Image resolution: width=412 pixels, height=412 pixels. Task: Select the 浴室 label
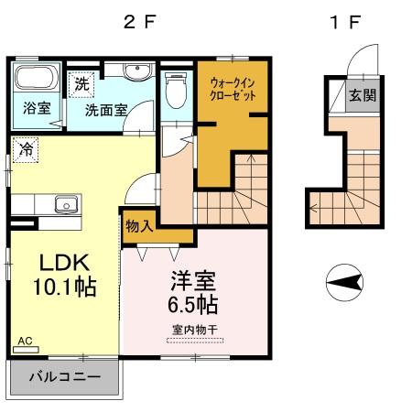(x=37, y=109)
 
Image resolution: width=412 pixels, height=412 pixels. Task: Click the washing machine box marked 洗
(x=82, y=81)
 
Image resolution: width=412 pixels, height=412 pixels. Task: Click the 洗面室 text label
(x=109, y=110)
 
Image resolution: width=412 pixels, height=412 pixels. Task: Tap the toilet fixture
(x=177, y=90)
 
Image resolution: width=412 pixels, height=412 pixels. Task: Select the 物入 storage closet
(x=138, y=226)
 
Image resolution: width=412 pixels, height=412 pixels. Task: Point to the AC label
(x=25, y=341)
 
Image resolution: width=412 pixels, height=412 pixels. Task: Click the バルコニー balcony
(x=64, y=375)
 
